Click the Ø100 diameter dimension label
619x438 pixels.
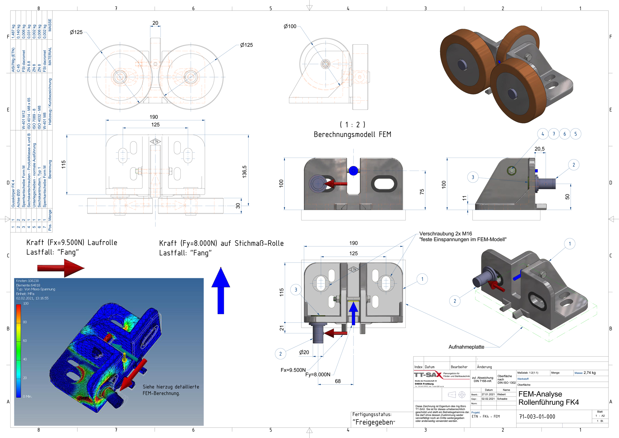(x=290, y=27)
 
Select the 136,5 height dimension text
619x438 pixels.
(x=245, y=172)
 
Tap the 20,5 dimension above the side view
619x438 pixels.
(x=539, y=149)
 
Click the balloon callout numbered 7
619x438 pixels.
(x=554, y=134)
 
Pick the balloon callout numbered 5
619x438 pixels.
(x=575, y=134)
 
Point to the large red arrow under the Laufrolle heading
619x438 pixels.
(x=60, y=268)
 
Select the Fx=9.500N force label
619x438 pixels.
(x=293, y=370)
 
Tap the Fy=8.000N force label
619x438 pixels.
(x=318, y=375)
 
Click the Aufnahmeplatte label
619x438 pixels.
(x=466, y=347)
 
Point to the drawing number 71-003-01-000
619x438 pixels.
(x=537, y=417)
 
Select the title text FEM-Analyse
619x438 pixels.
(x=540, y=394)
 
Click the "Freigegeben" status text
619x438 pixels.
(x=374, y=422)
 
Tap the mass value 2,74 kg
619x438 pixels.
(x=589, y=373)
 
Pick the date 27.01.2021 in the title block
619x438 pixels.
(x=488, y=394)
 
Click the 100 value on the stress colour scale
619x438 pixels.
(x=26, y=304)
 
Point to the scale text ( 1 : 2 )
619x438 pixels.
(x=352, y=124)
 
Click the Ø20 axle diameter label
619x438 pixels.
(x=304, y=352)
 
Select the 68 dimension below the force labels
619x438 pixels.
(x=338, y=381)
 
